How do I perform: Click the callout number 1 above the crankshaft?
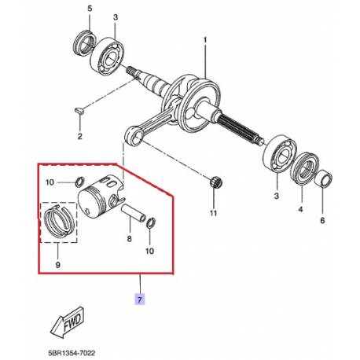click(x=206, y=39)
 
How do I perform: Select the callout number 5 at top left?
click(x=89, y=9)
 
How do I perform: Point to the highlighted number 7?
click(x=140, y=300)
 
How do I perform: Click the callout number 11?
click(x=211, y=213)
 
